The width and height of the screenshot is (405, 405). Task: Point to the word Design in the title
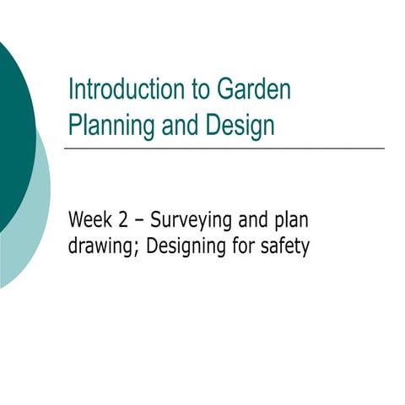coord(240,126)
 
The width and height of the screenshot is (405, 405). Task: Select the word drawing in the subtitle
coord(99,249)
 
